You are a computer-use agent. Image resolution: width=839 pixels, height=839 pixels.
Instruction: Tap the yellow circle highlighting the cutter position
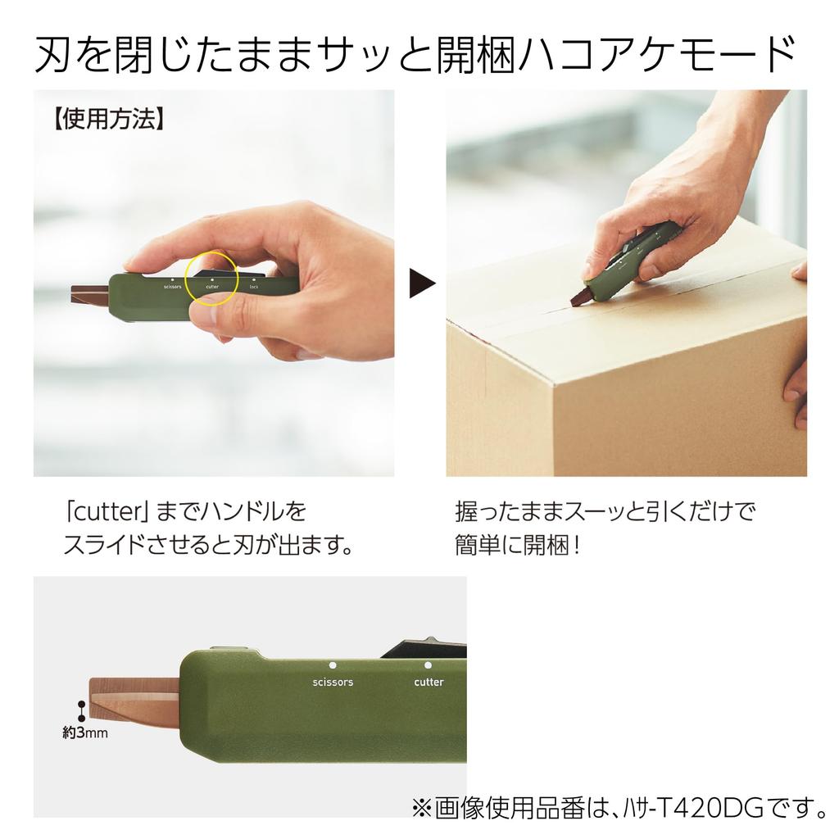[212, 279]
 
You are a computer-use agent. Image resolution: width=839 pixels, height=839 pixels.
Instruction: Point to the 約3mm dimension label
[84, 733]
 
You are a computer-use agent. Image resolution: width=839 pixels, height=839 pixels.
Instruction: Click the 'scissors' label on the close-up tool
[333, 682]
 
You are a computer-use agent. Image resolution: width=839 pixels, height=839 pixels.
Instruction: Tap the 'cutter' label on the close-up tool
[429, 682]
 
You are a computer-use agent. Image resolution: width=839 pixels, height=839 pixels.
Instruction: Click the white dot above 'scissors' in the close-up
[333, 665]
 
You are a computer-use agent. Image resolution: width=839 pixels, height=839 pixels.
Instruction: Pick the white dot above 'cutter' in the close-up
[428, 665]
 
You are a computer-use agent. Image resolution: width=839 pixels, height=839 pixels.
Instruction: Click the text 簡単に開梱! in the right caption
[517, 545]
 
